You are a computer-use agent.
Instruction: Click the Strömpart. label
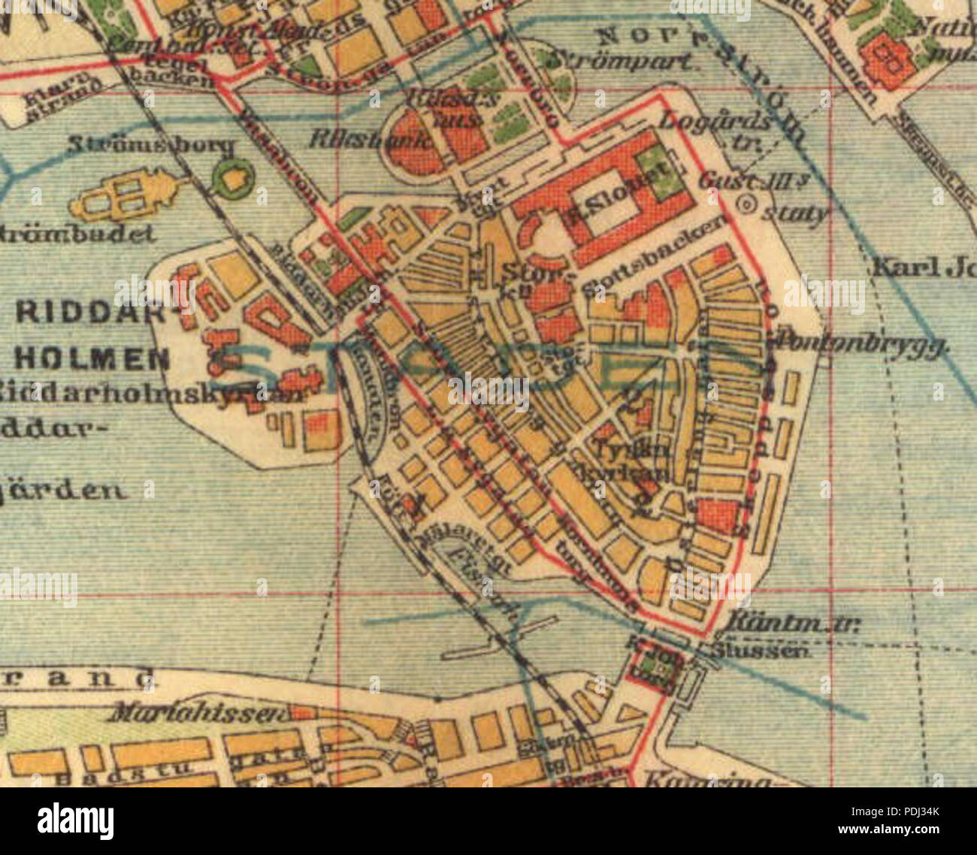click(620, 61)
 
